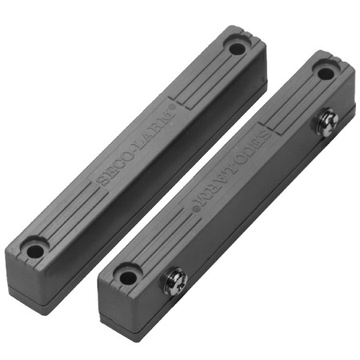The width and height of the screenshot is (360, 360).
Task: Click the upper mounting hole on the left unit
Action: tap(236, 48)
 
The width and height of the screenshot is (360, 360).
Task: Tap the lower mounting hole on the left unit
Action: tap(35, 251)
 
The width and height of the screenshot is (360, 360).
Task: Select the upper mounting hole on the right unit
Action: tap(325, 74)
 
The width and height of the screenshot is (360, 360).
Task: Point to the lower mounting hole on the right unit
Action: tap(127, 278)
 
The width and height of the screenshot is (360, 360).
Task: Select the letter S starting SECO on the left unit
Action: tap(100, 181)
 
